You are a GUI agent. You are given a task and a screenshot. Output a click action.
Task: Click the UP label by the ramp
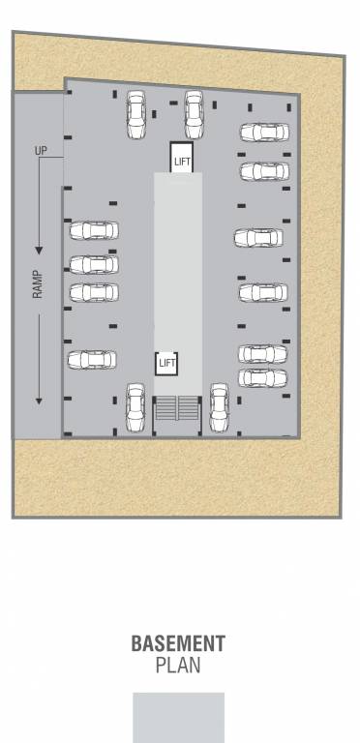click(x=41, y=151)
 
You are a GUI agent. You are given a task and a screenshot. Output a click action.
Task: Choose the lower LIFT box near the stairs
click(x=167, y=363)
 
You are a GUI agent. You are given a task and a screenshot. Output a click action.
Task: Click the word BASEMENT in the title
click(x=179, y=643)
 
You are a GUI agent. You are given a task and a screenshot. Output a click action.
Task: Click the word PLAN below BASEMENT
click(x=179, y=666)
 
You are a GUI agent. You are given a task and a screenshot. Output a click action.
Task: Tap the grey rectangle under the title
click(x=179, y=717)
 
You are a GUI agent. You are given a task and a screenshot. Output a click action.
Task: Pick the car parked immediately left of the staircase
click(x=135, y=408)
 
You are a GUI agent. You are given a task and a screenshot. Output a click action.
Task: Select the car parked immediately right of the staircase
click(x=219, y=408)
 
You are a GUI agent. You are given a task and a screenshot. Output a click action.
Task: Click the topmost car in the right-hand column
click(x=264, y=133)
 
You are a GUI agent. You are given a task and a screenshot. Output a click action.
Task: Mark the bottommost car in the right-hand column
click(x=263, y=378)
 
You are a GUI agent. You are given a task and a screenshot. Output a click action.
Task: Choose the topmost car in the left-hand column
click(x=94, y=230)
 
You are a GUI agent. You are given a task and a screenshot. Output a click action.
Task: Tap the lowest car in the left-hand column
click(x=92, y=360)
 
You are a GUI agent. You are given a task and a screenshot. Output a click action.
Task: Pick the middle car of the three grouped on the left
click(x=94, y=264)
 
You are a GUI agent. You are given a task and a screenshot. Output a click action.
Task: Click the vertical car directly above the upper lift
click(x=194, y=113)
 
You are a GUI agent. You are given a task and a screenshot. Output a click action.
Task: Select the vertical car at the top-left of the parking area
click(x=135, y=114)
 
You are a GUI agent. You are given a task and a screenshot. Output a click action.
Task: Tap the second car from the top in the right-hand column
click(x=264, y=171)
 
